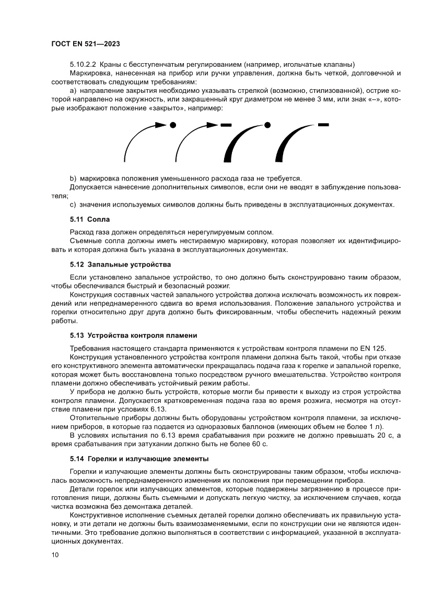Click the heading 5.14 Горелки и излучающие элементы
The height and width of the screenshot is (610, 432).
click(x=139, y=459)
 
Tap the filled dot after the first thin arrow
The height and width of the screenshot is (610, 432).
click(x=172, y=125)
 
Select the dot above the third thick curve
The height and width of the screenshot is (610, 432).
click(x=267, y=125)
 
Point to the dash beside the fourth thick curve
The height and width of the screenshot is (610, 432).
click(x=323, y=124)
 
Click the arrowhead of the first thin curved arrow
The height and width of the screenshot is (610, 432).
click(x=160, y=125)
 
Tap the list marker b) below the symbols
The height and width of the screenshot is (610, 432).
click(x=73, y=178)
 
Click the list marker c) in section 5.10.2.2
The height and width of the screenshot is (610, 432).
click(x=73, y=204)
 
